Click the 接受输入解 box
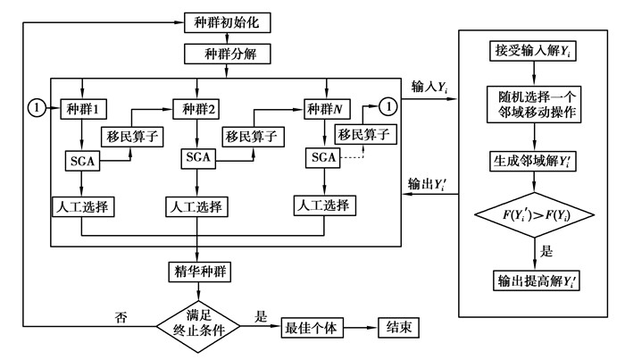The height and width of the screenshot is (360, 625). pos(534,51)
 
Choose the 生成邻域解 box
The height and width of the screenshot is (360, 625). pos(534,163)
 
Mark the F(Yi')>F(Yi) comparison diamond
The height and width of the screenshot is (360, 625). pos(534,216)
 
